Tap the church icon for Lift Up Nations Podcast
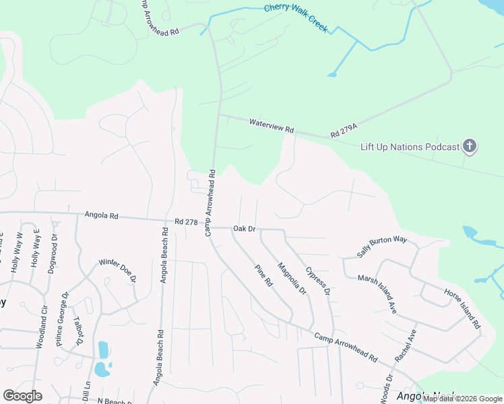470,147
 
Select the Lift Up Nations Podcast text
410,147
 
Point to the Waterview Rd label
272,125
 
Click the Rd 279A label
343,134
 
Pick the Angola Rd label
101,216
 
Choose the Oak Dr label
244,229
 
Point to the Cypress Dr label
317,281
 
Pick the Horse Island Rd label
462,308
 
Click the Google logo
22,396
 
